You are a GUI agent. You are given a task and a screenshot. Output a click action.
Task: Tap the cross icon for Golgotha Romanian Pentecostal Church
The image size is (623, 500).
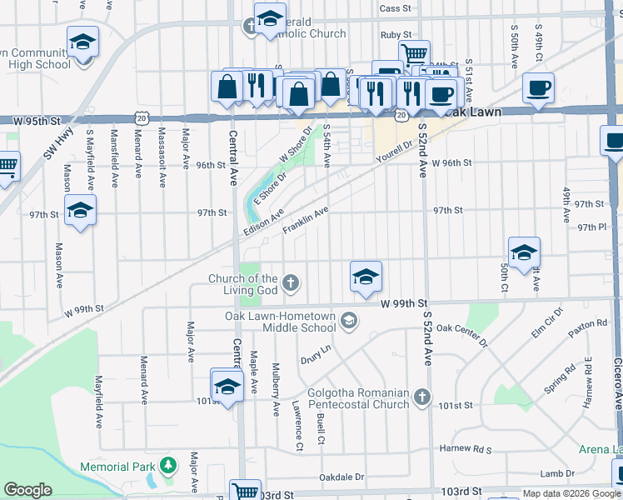[422, 398]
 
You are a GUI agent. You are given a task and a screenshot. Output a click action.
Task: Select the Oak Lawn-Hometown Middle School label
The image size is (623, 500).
[280, 322]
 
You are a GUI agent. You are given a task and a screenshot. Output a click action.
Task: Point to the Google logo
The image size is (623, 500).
[27, 490]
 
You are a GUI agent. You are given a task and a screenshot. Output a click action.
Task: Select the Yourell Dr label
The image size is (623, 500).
[394, 153]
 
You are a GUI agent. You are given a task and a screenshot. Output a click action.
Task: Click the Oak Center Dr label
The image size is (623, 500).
[461, 335]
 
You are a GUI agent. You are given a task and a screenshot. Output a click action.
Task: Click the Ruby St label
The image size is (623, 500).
[391, 35]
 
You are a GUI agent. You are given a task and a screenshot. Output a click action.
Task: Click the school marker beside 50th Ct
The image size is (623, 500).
[524, 252]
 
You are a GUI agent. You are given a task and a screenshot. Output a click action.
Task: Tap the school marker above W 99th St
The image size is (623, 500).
[366, 277]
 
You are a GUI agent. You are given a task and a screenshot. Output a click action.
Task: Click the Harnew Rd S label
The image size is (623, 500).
[466, 450]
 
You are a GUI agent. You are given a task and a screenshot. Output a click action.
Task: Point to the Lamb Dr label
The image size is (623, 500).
[557, 473]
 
